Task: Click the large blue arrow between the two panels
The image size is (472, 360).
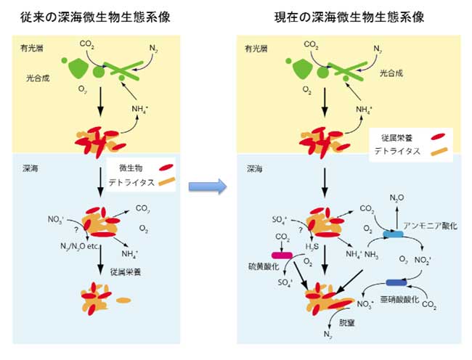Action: coord(208,187)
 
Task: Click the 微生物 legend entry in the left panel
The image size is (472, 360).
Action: coord(126,168)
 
